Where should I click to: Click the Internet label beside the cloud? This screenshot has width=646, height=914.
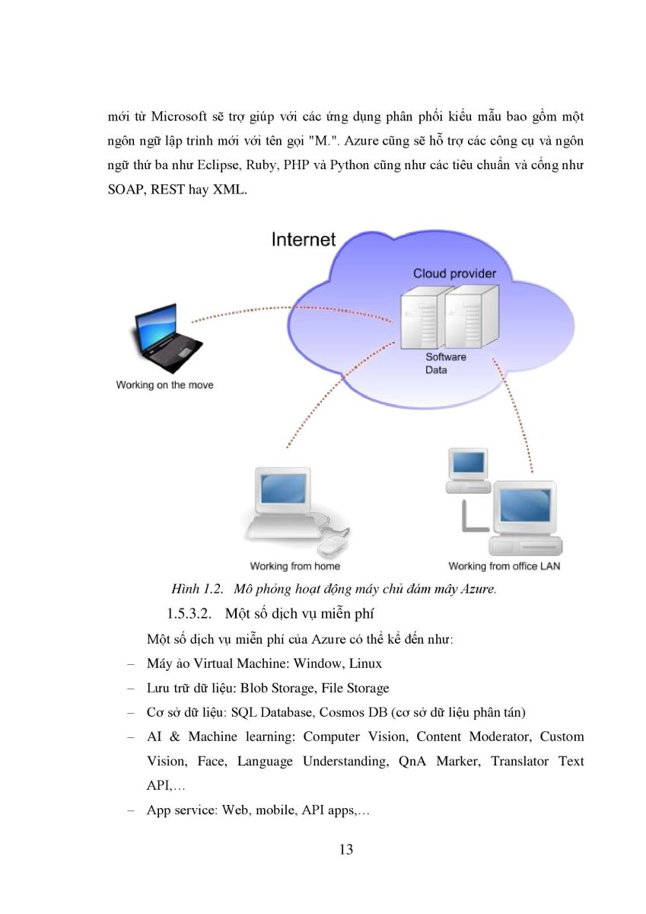point(304,239)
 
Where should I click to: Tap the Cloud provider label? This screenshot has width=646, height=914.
point(454,273)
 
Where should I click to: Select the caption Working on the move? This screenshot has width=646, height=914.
point(164,385)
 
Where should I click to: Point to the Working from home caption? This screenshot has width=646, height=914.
point(295,566)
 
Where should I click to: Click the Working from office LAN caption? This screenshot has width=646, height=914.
point(504,566)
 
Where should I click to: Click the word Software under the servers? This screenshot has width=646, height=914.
point(445,356)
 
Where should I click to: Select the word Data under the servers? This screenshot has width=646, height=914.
point(436,369)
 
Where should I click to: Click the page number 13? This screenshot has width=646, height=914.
point(346,849)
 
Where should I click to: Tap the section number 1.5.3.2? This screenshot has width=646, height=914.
point(189,614)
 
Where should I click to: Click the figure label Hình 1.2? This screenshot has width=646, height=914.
point(197,589)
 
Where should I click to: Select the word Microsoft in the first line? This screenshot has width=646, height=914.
point(179,117)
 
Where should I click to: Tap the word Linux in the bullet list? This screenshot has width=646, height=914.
point(365,663)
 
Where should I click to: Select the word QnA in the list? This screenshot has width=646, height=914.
point(412,762)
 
